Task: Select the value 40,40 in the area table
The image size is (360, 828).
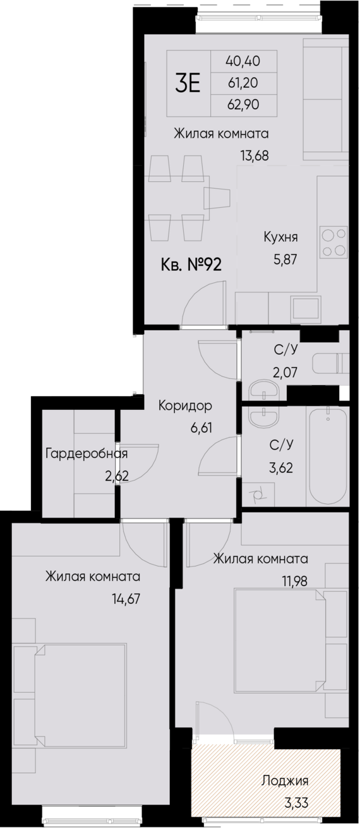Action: point(243,62)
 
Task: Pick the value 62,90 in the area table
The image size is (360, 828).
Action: point(243,105)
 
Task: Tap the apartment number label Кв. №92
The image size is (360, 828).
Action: point(191,265)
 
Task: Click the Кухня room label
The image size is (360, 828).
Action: point(280,237)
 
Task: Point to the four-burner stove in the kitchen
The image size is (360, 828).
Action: point(333,242)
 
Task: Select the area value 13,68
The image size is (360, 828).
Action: point(255,155)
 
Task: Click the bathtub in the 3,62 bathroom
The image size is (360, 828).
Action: point(327,455)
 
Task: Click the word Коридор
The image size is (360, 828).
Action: point(185,405)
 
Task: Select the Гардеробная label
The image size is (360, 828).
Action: point(87,453)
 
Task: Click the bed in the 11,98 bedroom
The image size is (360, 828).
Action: point(281,639)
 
